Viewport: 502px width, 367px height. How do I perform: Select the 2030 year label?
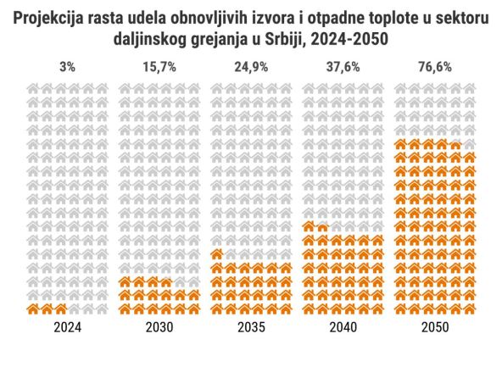160,327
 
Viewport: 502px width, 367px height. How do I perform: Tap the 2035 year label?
252,327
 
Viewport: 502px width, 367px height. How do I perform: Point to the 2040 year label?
343,327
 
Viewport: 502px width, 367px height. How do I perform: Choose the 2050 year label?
435,327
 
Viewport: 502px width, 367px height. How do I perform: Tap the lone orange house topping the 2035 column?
217,254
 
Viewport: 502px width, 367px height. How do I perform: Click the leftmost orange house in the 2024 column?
35,309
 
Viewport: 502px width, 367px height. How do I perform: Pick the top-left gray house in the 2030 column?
126,88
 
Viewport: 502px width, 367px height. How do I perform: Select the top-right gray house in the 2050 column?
470,88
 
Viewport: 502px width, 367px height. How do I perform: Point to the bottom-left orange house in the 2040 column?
309,309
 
